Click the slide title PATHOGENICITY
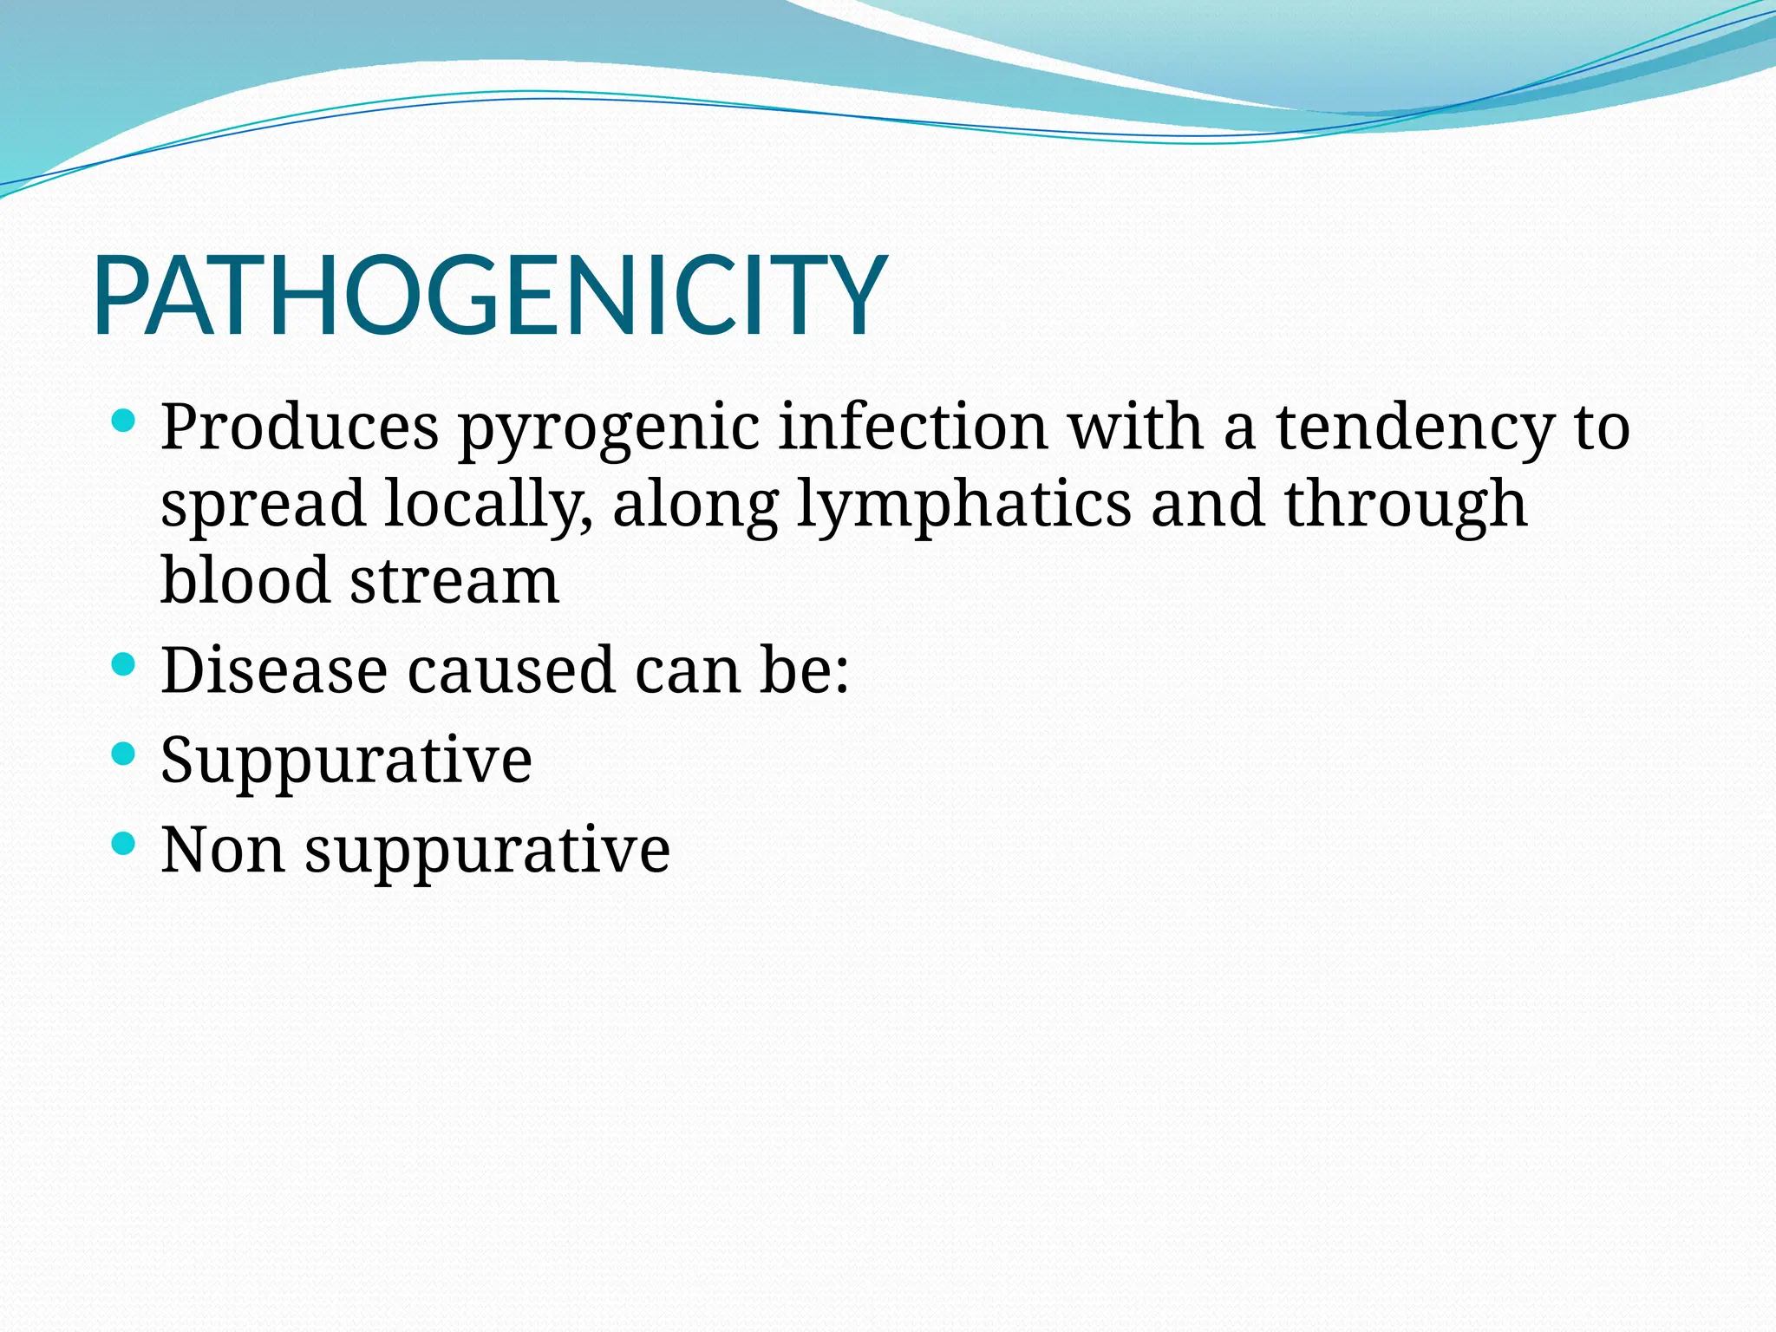490,295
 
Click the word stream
454,581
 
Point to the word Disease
273,670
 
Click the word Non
223,849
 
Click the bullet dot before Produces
124,422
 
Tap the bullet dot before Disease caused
124,665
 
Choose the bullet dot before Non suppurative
124,843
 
